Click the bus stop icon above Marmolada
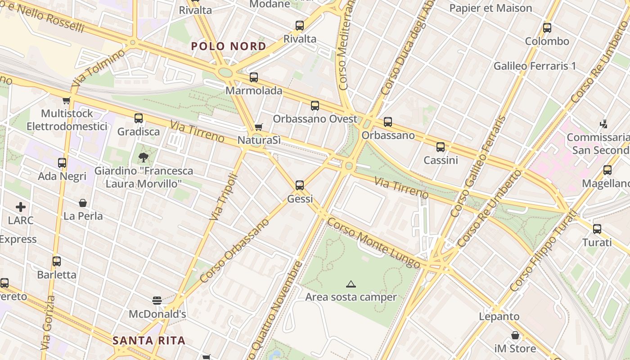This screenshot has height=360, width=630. tap(254, 77)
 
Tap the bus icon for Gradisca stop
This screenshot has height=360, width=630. tap(139, 118)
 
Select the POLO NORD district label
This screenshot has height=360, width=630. tap(229, 46)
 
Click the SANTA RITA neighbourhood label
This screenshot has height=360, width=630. tap(149, 341)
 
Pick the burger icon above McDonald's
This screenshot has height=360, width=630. tap(157, 300)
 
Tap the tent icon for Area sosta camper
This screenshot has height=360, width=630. tap(351, 284)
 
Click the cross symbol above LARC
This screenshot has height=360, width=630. tap(21, 207)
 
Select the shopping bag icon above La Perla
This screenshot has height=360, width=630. tap(83, 203)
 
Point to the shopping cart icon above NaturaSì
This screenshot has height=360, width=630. tap(258, 127)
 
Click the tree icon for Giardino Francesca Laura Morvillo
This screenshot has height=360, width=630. tap(143, 157)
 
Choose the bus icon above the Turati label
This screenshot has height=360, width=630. tap(597, 229)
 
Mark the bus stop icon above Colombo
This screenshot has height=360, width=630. tap(547, 28)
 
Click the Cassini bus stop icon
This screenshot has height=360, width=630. tap(441, 147)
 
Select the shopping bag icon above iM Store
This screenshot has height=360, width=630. tap(515, 335)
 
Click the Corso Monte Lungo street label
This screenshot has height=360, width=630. tap(373, 243)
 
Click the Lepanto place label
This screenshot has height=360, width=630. tap(499, 316)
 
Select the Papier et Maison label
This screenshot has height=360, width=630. tap(490, 8)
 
